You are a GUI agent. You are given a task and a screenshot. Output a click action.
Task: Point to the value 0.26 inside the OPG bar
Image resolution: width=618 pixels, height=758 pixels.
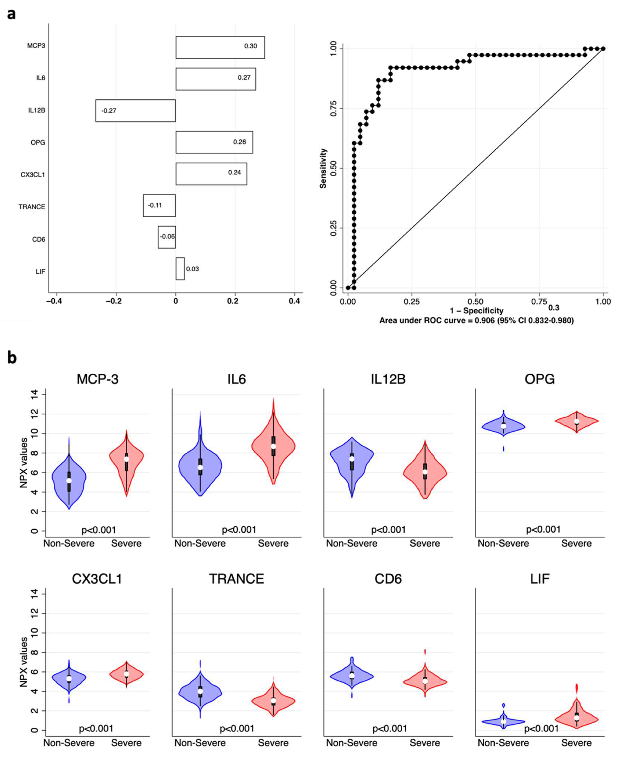240,142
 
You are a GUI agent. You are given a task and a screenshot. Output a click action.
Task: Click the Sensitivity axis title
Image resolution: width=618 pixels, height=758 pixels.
323,168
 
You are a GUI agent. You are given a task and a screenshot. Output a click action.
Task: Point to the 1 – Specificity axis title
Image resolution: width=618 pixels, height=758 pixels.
476,311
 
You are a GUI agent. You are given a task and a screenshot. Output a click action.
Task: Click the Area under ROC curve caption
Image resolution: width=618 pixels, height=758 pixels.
476,321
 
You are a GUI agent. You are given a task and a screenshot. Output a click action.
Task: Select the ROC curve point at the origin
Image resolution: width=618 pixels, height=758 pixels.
348,287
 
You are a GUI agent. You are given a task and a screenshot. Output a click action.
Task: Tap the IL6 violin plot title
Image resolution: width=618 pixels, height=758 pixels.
237,379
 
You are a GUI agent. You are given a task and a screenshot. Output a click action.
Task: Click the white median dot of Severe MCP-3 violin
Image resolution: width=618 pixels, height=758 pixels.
126,459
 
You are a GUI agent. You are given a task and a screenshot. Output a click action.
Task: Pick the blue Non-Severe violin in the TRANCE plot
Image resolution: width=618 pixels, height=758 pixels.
200,691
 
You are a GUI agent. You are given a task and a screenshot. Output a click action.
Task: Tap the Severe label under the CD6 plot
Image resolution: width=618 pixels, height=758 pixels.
425,743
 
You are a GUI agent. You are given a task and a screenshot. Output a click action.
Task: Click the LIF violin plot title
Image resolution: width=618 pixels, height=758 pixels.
540,579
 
